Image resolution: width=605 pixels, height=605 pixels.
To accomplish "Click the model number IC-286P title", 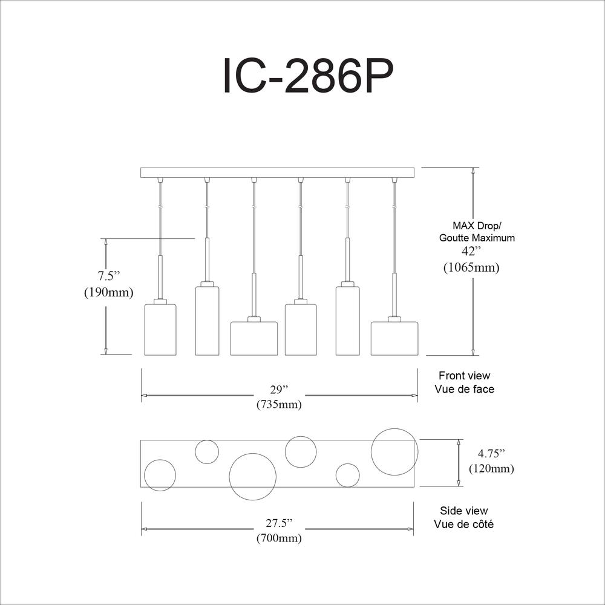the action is tap(308, 75).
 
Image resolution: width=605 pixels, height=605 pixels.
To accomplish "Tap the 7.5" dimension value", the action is tap(109, 276).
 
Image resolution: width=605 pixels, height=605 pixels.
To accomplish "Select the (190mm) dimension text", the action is tap(109, 292).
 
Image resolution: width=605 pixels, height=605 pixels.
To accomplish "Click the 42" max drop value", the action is tap(471, 251).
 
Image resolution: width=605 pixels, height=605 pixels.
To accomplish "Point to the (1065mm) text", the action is tap(471, 267).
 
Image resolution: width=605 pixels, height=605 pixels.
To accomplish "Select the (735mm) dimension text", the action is tap(279, 404).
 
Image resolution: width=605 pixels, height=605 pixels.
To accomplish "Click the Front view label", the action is tap(465, 376).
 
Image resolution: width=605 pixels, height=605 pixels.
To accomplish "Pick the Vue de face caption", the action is tap(465, 389).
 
